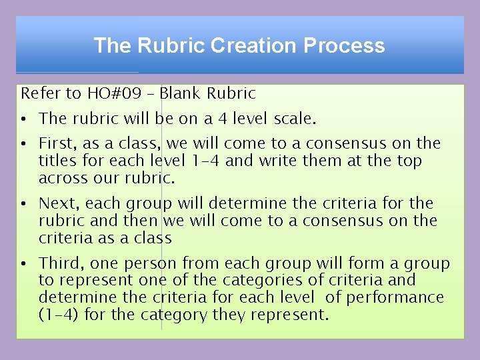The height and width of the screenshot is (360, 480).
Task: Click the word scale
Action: (x=293, y=119)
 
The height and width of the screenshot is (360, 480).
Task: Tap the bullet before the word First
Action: (x=23, y=144)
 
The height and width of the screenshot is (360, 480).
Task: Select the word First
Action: (x=57, y=144)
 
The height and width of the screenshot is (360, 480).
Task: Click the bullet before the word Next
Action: (x=23, y=204)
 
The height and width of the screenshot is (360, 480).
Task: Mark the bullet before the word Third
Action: (x=23, y=264)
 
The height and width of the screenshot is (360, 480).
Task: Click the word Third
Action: (x=59, y=264)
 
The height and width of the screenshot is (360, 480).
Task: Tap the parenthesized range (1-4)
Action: (x=59, y=315)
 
